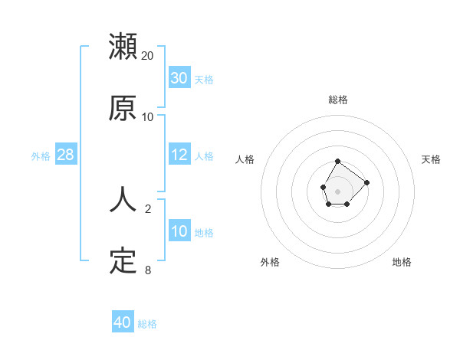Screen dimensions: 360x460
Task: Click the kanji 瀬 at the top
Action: [123, 47]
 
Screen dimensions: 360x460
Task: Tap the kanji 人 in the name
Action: [123, 199]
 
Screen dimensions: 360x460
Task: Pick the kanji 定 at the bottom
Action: [123, 261]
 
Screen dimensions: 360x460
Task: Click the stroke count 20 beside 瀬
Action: [148, 56]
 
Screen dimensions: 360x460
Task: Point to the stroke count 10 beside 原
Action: [148, 117]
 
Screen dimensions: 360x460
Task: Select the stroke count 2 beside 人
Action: [148, 208]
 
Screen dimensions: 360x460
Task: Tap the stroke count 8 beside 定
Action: [148, 270]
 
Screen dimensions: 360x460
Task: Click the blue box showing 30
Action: [179, 78]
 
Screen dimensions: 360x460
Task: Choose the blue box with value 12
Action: [179, 155]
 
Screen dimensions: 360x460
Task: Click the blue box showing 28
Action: [66, 155]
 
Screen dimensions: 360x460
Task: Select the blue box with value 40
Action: [123, 322]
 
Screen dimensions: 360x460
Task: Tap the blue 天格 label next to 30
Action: [204, 80]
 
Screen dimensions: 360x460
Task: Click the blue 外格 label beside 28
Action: [41, 156]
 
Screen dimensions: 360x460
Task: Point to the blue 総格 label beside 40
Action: [147, 324]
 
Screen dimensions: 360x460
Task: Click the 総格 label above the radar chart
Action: [338, 100]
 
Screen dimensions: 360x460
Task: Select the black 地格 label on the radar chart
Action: [402, 262]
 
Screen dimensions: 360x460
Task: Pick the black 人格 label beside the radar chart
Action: [245, 159]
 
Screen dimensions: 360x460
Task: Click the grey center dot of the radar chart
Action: [337, 191]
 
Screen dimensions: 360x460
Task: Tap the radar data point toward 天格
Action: [366, 182]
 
